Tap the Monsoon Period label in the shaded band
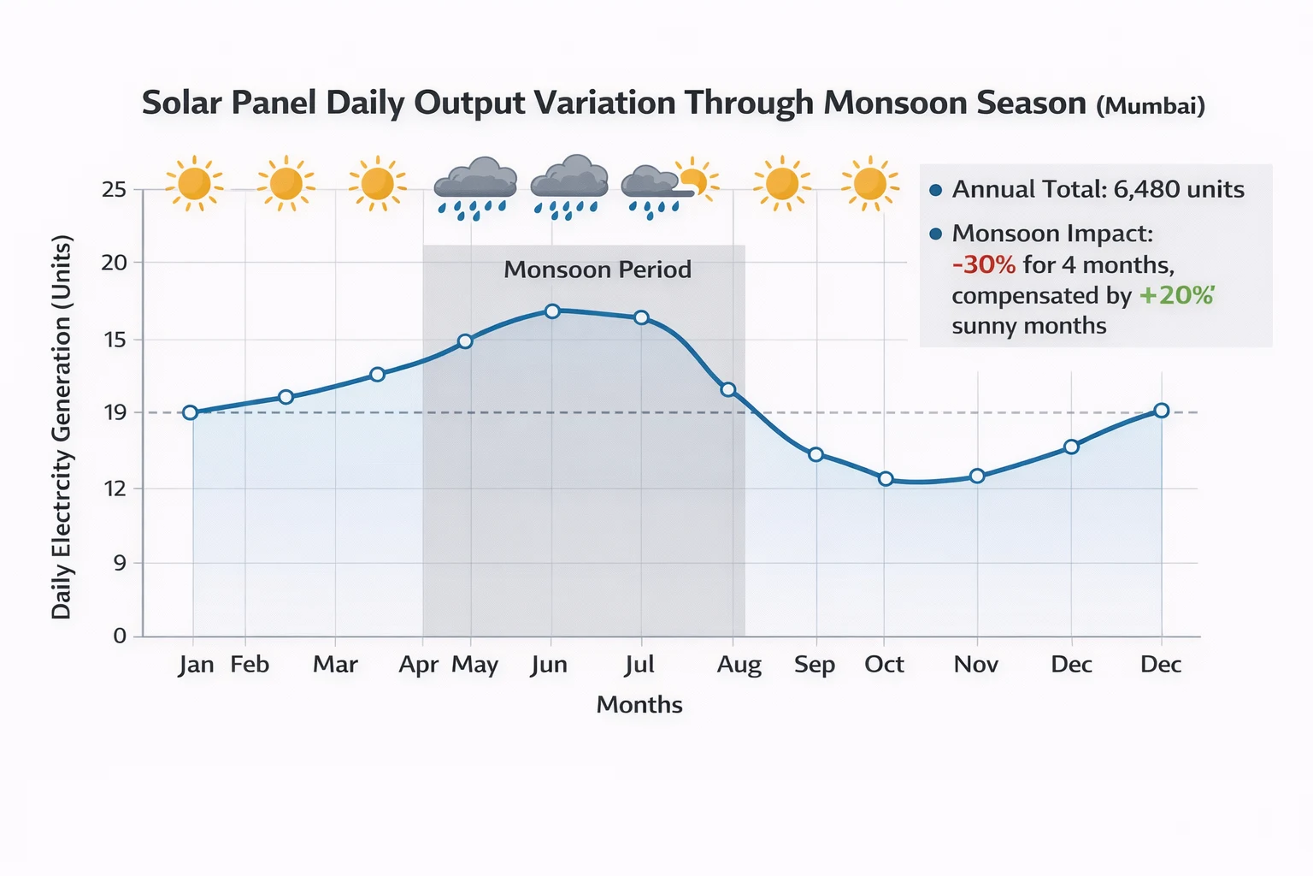(x=597, y=269)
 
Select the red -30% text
(x=983, y=264)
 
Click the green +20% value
(x=1176, y=295)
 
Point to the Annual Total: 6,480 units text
(x=1098, y=189)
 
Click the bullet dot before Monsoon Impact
(x=935, y=234)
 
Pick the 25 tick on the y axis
(x=114, y=189)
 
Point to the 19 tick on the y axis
(x=114, y=412)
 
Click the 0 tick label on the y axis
(x=120, y=636)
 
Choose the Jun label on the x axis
(x=549, y=665)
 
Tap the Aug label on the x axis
(x=739, y=665)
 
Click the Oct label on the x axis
(x=884, y=665)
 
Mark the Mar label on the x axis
(x=335, y=665)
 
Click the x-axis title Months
(x=639, y=705)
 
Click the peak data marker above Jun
(x=552, y=311)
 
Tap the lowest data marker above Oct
(x=886, y=479)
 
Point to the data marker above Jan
(x=191, y=412)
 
